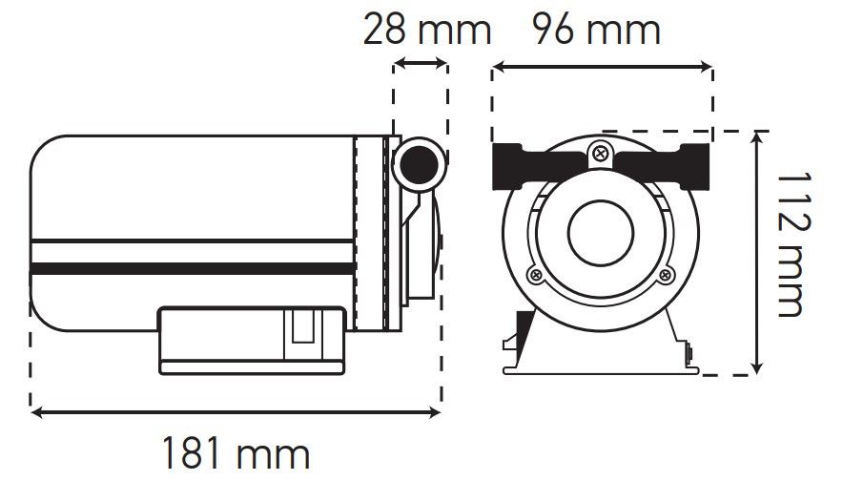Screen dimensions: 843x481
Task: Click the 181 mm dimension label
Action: [x=236, y=453]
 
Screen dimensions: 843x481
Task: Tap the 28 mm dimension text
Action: [x=427, y=30]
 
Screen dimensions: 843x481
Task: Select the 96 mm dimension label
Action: [x=597, y=30]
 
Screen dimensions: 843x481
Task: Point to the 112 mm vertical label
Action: [x=793, y=245]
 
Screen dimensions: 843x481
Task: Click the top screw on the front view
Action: [x=600, y=154]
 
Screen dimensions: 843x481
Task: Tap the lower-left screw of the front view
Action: [x=536, y=276]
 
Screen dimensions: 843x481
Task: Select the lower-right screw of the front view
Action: [x=666, y=276]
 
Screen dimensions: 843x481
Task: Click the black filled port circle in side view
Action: [x=419, y=165]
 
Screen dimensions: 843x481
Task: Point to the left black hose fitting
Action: [x=538, y=166]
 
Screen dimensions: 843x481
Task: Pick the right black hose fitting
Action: [x=664, y=166]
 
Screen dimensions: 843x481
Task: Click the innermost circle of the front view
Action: [x=601, y=233]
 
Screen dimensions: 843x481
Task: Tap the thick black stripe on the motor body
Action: [x=193, y=268]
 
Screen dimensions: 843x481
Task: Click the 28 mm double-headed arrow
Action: [x=421, y=64]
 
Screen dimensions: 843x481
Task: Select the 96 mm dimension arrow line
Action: [x=602, y=67]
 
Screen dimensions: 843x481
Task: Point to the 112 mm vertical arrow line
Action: [x=756, y=252]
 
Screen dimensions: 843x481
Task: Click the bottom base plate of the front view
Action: [x=601, y=369]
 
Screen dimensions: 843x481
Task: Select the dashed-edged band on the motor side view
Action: [x=370, y=233]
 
